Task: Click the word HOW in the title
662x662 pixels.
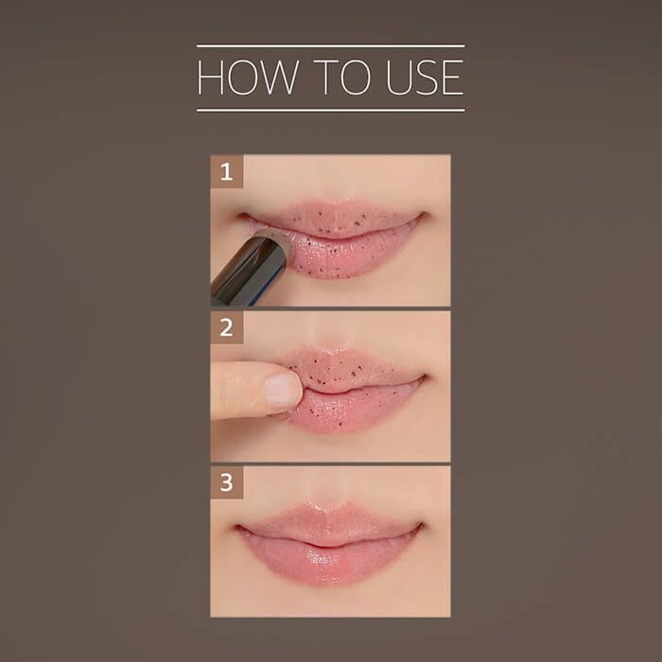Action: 247,78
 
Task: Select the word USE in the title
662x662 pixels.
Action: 425,78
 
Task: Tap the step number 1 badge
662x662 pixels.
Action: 227,171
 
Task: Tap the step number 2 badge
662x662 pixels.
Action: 227,327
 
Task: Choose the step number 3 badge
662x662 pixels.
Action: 227,482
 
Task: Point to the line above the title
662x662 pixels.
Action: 331,45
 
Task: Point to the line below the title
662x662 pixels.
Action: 331,111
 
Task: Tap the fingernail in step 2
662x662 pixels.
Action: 282,390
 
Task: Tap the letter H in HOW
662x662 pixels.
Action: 210,78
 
